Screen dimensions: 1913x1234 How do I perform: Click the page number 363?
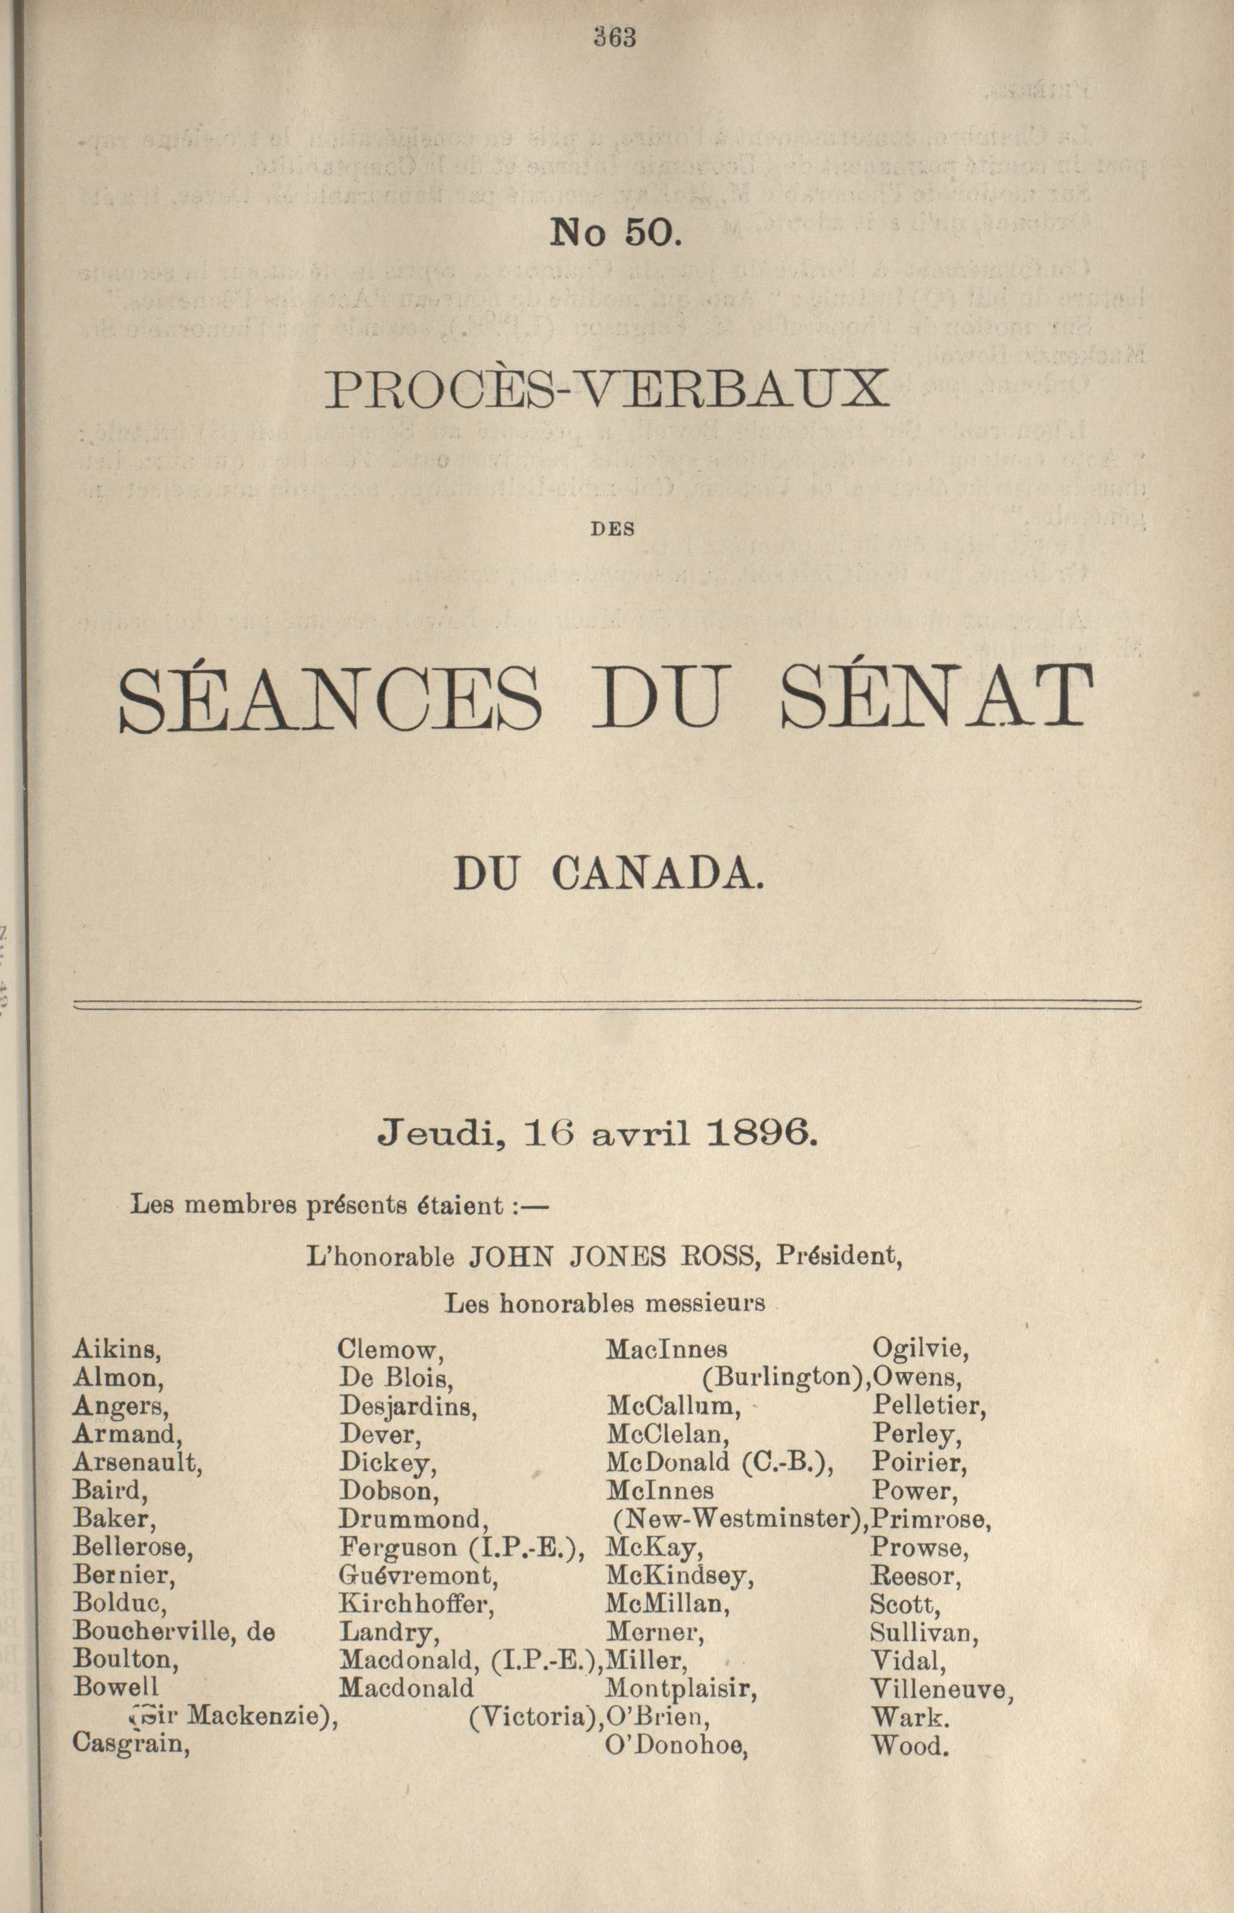tap(615, 38)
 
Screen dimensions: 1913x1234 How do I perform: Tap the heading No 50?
tap(615, 232)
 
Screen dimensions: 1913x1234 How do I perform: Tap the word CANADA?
tap(657, 874)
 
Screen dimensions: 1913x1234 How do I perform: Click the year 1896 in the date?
tap(759, 1133)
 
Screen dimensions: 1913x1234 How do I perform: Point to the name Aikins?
tap(117, 1350)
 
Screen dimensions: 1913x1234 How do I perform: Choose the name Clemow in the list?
tap(390, 1350)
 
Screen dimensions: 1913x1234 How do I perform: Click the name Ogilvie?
tap(920, 1350)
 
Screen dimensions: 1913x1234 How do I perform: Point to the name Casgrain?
tap(130, 1743)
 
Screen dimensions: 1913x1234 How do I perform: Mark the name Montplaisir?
tap(681, 1688)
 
